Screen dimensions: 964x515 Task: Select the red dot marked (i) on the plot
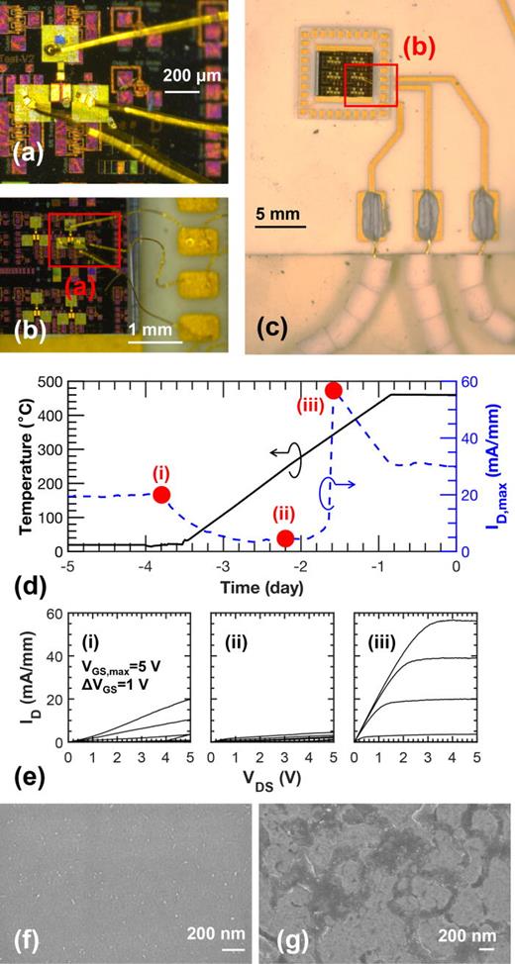pyautogui.click(x=161, y=494)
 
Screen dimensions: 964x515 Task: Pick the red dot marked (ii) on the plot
pyautogui.click(x=285, y=537)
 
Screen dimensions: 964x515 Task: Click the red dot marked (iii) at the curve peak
pyautogui.click(x=334, y=390)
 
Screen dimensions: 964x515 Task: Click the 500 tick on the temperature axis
pyautogui.click(x=51, y=382)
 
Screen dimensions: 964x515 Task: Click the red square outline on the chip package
pyautogui.click(x=370, y=84)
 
